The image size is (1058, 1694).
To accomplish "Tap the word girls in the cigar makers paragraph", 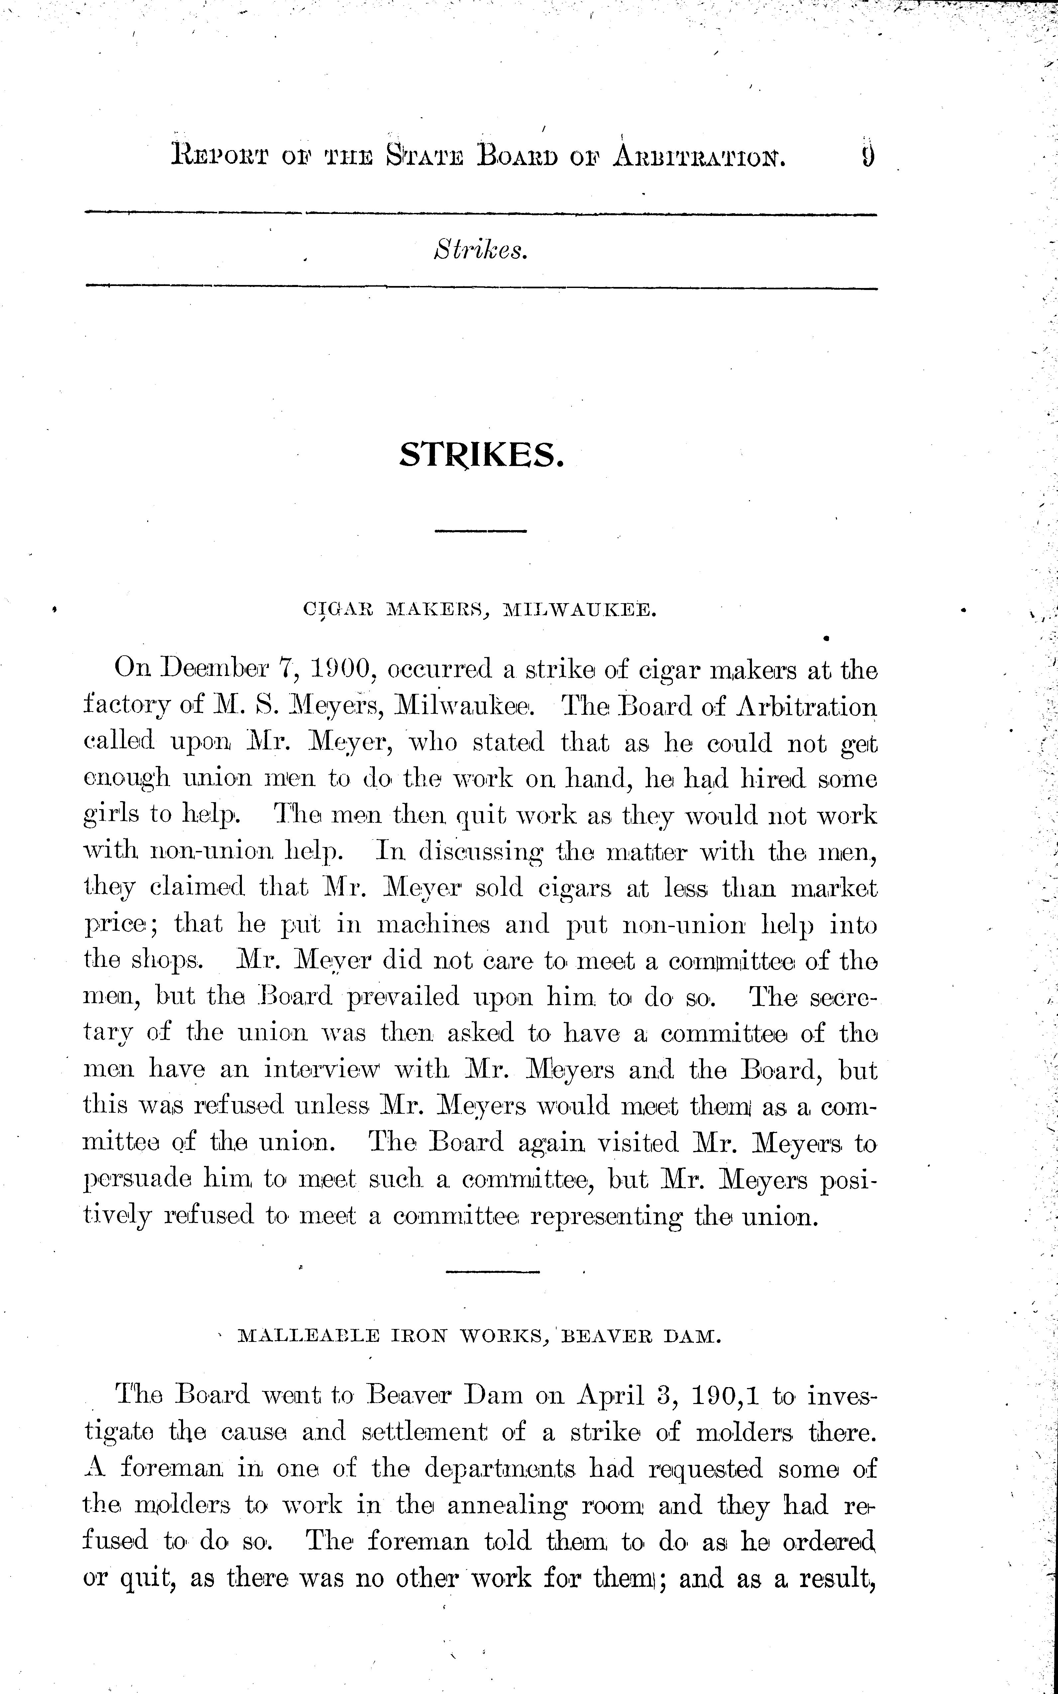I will tap(108, 815).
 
